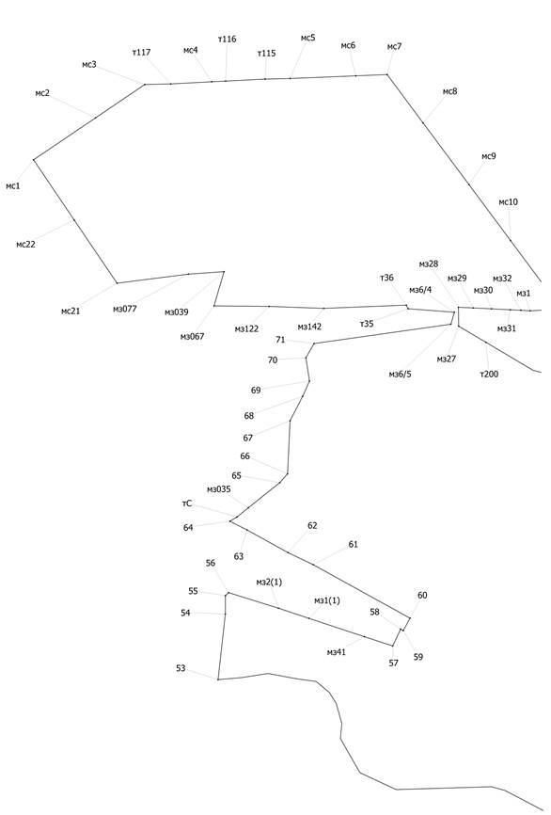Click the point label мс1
point(13,185)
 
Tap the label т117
point(141,53)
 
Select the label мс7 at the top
point(394,47)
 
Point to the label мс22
point(25,245)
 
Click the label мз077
point(125,309)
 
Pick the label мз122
point(246,329)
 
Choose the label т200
point(489,374)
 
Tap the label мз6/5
point(400,375)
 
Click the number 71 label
point(280,340)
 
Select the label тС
point(187,503)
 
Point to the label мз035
point(219,489)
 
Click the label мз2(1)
point(269,583)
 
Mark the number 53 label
point(181,668)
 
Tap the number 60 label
point(422,595)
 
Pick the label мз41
point(337,652)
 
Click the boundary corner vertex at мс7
point(386,75)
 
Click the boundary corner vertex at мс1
point(34,160)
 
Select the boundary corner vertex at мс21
point(117,283)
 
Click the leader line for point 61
point(330,557)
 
